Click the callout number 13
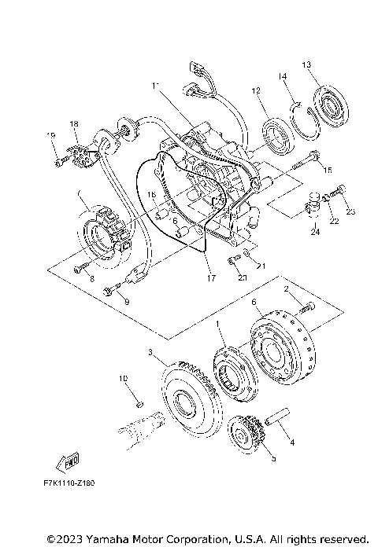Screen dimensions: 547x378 click(307, 64)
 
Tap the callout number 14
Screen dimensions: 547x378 click(280, 76)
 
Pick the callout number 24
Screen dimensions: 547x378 click(314, 232)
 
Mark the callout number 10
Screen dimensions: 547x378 click(123, 378)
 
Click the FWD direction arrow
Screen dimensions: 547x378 click(69, 458)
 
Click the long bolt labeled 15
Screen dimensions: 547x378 click(303, 165)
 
